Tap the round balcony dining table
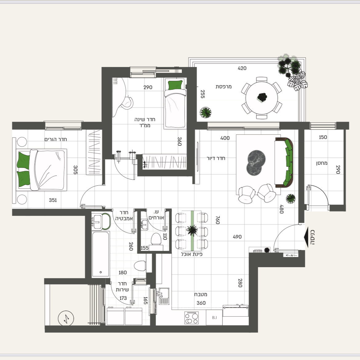[262, 98]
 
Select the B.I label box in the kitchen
[214, 318]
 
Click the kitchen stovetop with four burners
[191, 318]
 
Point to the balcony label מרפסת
[224, 87]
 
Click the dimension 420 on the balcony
[242, 68]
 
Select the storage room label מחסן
[322, 163]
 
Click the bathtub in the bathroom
[101, 254]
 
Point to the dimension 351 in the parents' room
[53, 200]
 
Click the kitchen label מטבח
[201, 294]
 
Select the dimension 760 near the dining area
[218, 220]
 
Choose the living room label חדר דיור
[216, 158]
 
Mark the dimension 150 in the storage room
[323, 137]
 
